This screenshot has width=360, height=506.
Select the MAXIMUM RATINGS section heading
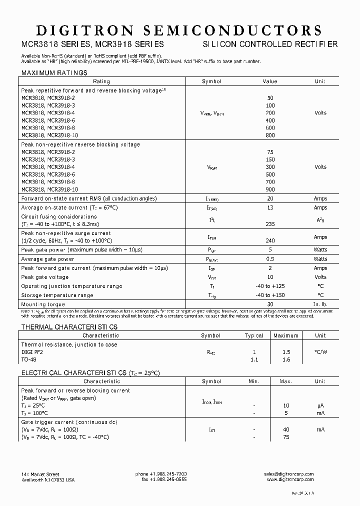tap(54, 72)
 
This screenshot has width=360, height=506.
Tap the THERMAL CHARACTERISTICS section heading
tap(69, 326)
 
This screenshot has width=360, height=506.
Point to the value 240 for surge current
tap(269, 241)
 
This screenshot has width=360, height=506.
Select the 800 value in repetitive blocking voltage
tap(269, 135)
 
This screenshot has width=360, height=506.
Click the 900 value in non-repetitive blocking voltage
tap(269, 189)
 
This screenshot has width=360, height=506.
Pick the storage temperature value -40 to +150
tap(269, 295)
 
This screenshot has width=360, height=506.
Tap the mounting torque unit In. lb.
tap(320, 304)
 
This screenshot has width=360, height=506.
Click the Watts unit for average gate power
tap(320, 259)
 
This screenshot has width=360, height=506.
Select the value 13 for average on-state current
tap(269, 207)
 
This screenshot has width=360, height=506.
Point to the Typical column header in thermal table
tap(254, 335)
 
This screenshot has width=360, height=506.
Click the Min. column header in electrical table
tap(254, 381)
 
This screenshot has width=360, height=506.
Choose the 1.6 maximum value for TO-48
tap(286, 359)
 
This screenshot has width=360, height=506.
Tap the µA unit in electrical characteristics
tap(320, 405)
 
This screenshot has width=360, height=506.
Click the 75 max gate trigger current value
tap(286, 436)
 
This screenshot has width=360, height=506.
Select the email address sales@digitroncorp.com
tap(289, 473)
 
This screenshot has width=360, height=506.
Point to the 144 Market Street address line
tap(40, 473)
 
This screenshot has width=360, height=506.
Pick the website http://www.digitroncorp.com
tap(290, 479)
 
